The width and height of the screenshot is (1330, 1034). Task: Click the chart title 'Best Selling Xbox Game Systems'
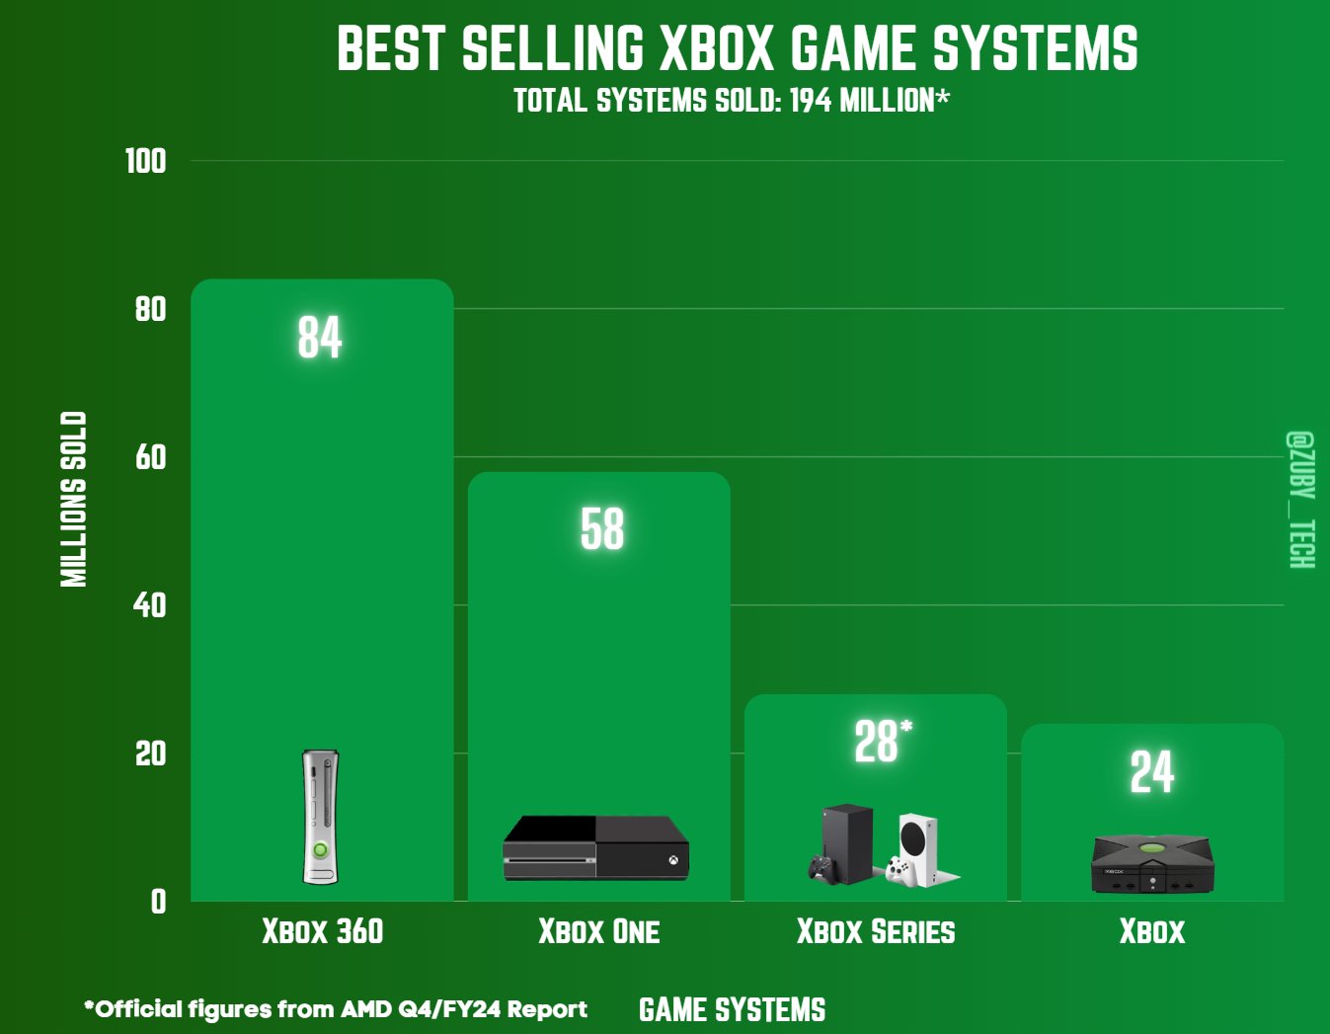[737, 48]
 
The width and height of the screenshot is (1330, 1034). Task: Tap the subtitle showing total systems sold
[731, 101]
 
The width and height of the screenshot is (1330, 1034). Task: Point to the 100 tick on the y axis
[145, 161]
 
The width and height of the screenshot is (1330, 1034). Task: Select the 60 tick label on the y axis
[150, 457]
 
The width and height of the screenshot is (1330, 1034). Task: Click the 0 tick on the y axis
[158, 901]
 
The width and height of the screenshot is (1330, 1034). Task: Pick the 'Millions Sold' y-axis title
[74, 499]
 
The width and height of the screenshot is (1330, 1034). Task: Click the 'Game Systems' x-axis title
[732, 1009]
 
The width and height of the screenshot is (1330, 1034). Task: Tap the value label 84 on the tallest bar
[320, 337]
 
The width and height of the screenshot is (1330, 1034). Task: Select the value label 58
[601, 529]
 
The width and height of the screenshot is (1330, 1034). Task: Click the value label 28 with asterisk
[881, 742]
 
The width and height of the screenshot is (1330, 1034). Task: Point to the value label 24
[1151, 772]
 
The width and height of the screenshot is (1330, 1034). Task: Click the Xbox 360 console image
[320, 817]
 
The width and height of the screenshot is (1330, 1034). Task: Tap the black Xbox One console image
[595, 847]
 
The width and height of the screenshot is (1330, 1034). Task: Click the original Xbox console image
[1151, 863]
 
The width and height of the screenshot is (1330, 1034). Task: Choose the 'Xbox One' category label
[598, 931]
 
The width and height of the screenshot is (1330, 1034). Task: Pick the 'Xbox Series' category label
[876, 931]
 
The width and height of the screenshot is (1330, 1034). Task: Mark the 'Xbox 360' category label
[322, 931]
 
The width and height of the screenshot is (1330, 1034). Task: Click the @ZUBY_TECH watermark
[1300, 499]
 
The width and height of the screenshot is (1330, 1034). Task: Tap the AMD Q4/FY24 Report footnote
[336, 1009]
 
